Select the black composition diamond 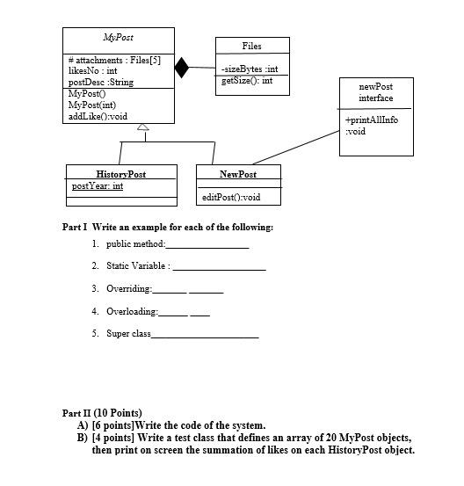[x=181, y=68]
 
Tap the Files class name [x=251, y=46]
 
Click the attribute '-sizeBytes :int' [x=250, y=69]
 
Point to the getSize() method [x=246, y=80]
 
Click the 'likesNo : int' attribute [x=93, y=70]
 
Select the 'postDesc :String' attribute [x=100, y=82]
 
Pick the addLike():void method [x=98, y=116]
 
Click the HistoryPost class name [x=120, y=174]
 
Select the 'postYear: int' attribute [x=97, y=186]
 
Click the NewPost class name [x=238, y=174]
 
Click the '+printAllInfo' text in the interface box [x=372, y=120]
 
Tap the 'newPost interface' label [x=375, y=92]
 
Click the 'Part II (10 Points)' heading [x=102, y=413]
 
